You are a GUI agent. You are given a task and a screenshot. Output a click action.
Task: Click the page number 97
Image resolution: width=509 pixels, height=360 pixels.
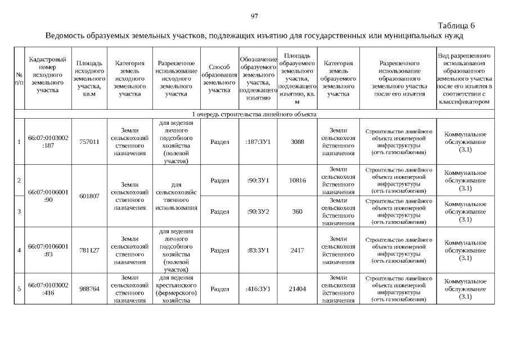(254, 16)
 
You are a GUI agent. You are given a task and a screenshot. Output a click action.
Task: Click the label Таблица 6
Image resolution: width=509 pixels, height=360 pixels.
(456, 26)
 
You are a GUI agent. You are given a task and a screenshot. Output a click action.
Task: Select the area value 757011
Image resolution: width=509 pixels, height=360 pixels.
(89, 142)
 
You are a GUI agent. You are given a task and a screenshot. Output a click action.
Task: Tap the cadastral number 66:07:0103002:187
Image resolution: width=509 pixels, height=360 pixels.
(48, 142)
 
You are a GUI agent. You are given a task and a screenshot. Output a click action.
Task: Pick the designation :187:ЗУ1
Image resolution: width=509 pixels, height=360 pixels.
(258, 142)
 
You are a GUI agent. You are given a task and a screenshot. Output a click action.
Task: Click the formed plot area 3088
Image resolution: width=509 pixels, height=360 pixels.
(297, 142)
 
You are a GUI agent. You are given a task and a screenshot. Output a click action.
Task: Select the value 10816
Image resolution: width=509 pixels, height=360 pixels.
(297, 180)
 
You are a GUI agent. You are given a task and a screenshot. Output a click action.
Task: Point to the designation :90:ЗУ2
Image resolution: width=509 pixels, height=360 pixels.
(258, 211)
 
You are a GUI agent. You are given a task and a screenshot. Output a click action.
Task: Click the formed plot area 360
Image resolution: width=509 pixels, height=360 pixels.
(297, 211)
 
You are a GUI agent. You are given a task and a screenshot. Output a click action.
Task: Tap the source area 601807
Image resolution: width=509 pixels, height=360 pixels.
(89, 196)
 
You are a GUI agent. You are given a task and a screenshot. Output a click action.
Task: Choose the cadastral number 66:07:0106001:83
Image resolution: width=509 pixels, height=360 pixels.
(48, 250)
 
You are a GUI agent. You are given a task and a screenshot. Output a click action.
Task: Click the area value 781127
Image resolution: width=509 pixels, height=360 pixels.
(89, 250)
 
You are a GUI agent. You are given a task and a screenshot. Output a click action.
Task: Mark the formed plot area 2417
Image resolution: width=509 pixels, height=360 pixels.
(297, 250)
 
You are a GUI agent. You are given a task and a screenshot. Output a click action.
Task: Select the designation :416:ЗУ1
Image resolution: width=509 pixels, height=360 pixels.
(258, 289)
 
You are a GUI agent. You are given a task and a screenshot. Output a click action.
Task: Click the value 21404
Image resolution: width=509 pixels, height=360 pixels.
(297, 289)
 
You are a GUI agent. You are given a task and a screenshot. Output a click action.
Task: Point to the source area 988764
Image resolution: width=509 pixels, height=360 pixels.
(89, 289)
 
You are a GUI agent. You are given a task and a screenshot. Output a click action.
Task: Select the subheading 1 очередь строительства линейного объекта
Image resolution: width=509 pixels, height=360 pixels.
(254, 114)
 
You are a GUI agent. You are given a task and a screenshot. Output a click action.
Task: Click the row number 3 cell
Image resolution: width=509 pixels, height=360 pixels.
(19, 211)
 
